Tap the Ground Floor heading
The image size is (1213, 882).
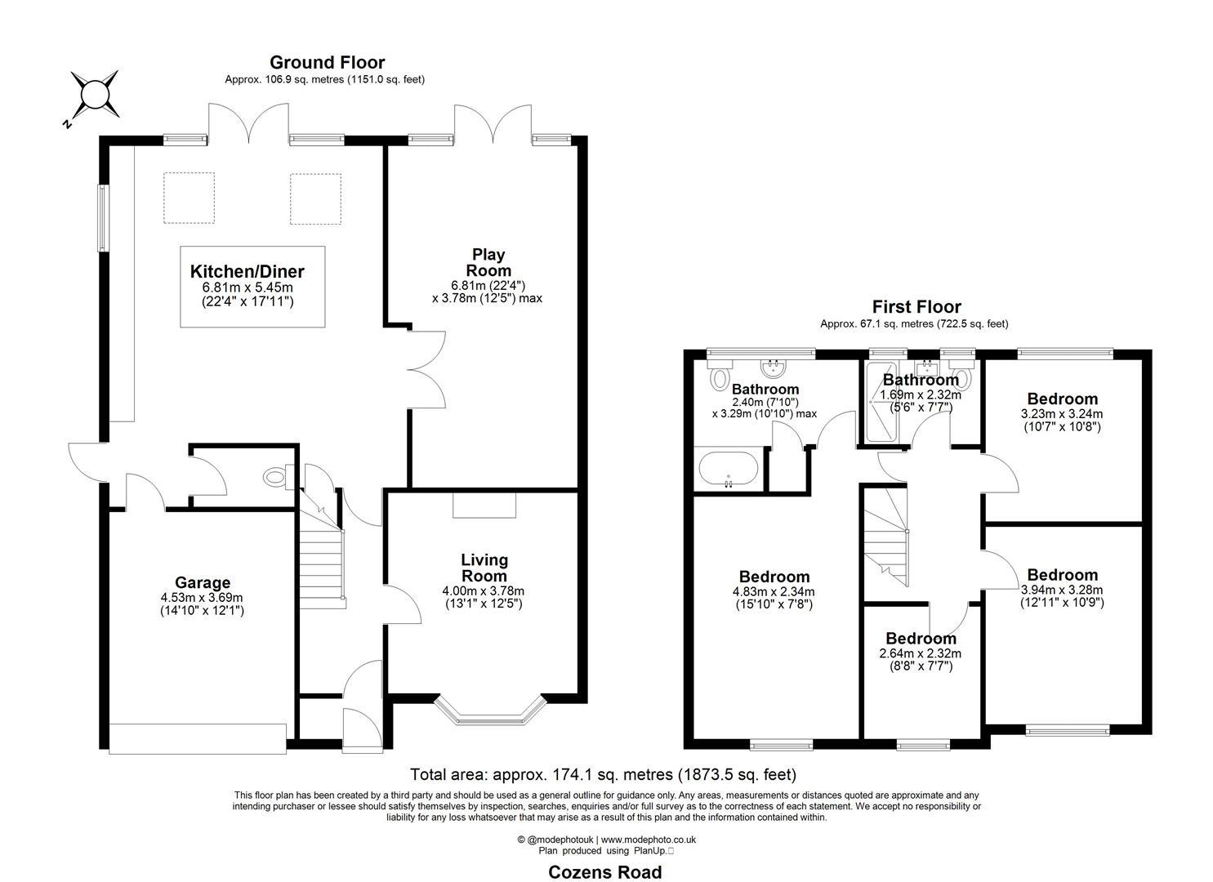coord(327,62)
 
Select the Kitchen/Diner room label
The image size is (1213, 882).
coord(247,272)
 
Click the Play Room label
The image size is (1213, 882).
coord(488,263)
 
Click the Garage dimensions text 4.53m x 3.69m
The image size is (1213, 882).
coord(202,597)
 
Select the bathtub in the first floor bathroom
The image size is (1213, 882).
coord(728,470)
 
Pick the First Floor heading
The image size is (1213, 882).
coord(916,307)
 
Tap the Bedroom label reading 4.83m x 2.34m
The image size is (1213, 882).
coord(774,577)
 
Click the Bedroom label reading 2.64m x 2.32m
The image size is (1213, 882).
coord(921,639)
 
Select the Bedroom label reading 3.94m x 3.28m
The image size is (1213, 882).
coord(1062,575)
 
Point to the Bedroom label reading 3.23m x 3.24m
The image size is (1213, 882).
coord(1062,399)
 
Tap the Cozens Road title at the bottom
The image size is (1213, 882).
coord(604,871)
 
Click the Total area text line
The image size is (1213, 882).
coord(603,774)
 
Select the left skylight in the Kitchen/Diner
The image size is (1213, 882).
coord(189,198)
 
